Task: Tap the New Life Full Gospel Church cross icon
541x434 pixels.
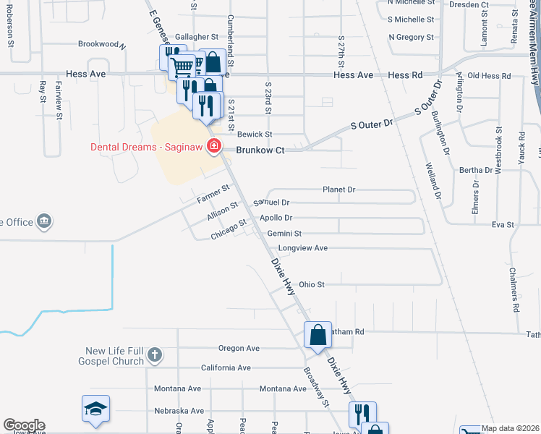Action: pyautogui.click(x=154, y=354)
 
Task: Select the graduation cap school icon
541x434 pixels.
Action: pyautogui.click(x=96, y=408)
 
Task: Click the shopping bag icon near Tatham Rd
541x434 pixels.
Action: pyautogui.click(x=318, y=334)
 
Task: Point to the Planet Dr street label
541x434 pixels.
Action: pyautogui.click(x=338, y=190)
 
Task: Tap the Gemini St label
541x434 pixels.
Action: pyautogui.click(x=284, y=234)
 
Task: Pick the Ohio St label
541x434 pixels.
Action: pyautogui.click(x=312, y=285)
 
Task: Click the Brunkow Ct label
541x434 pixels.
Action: pyautogui.click(x=261, y=150)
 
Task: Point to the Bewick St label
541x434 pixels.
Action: pyautogui.click(x=255, y=134)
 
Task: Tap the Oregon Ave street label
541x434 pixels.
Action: pyautogui.click(x=239, y=348)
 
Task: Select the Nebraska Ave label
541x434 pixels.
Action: pyautogui.click(x=179, y=411)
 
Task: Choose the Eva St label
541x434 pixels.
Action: pyautogui.click(x=502, y=225)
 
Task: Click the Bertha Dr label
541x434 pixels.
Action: pyautogui.click(x=475, y=170)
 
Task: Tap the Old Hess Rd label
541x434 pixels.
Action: pyautogui.click(x=489, y=76)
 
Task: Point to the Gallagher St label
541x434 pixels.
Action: pyautogui.click(x=196, y=36)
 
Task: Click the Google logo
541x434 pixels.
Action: pyautogui.click(x=24, y=425)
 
